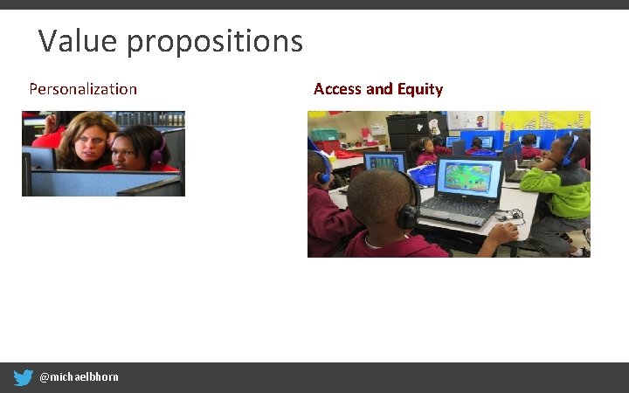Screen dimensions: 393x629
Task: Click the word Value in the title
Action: click(73, 40)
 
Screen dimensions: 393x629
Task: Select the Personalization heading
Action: click(83, 89)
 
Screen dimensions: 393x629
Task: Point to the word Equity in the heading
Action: click(420, 89)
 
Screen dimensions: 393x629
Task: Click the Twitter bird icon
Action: click(24, 377)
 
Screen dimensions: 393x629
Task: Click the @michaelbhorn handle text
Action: click(79, 377)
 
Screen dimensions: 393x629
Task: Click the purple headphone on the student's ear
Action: click(158, 149)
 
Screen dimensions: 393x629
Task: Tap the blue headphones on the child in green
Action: click(569, 151)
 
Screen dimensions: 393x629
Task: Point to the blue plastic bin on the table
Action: click(423, 175)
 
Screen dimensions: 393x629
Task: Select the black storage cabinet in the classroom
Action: click(405, 131)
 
